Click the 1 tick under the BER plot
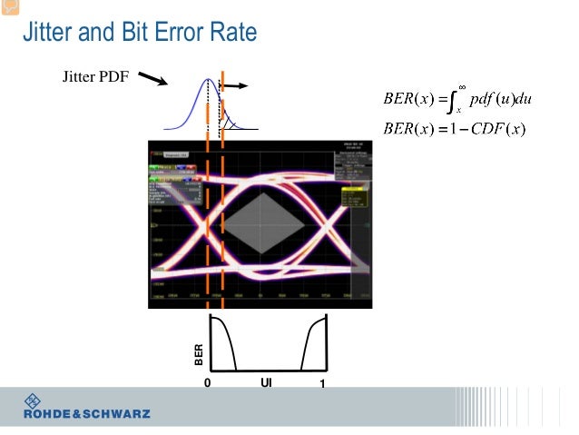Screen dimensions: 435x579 322,383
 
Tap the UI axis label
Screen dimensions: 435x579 266,382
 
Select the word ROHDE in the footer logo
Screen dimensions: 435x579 45,414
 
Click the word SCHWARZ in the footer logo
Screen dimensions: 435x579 115,414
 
